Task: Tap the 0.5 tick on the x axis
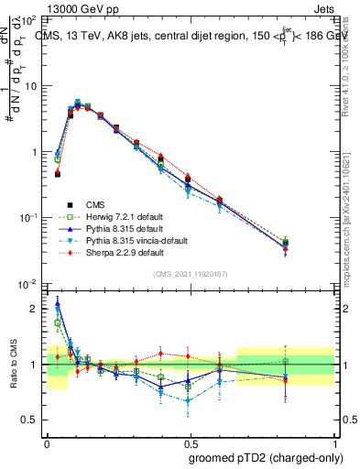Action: (187, 442)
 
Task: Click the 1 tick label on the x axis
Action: (326, 442)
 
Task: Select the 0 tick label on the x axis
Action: (48, 442)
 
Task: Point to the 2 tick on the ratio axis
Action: (34, 309)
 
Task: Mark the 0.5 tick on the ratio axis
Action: (30, 420)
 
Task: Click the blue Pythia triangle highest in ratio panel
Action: (58, 304)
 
